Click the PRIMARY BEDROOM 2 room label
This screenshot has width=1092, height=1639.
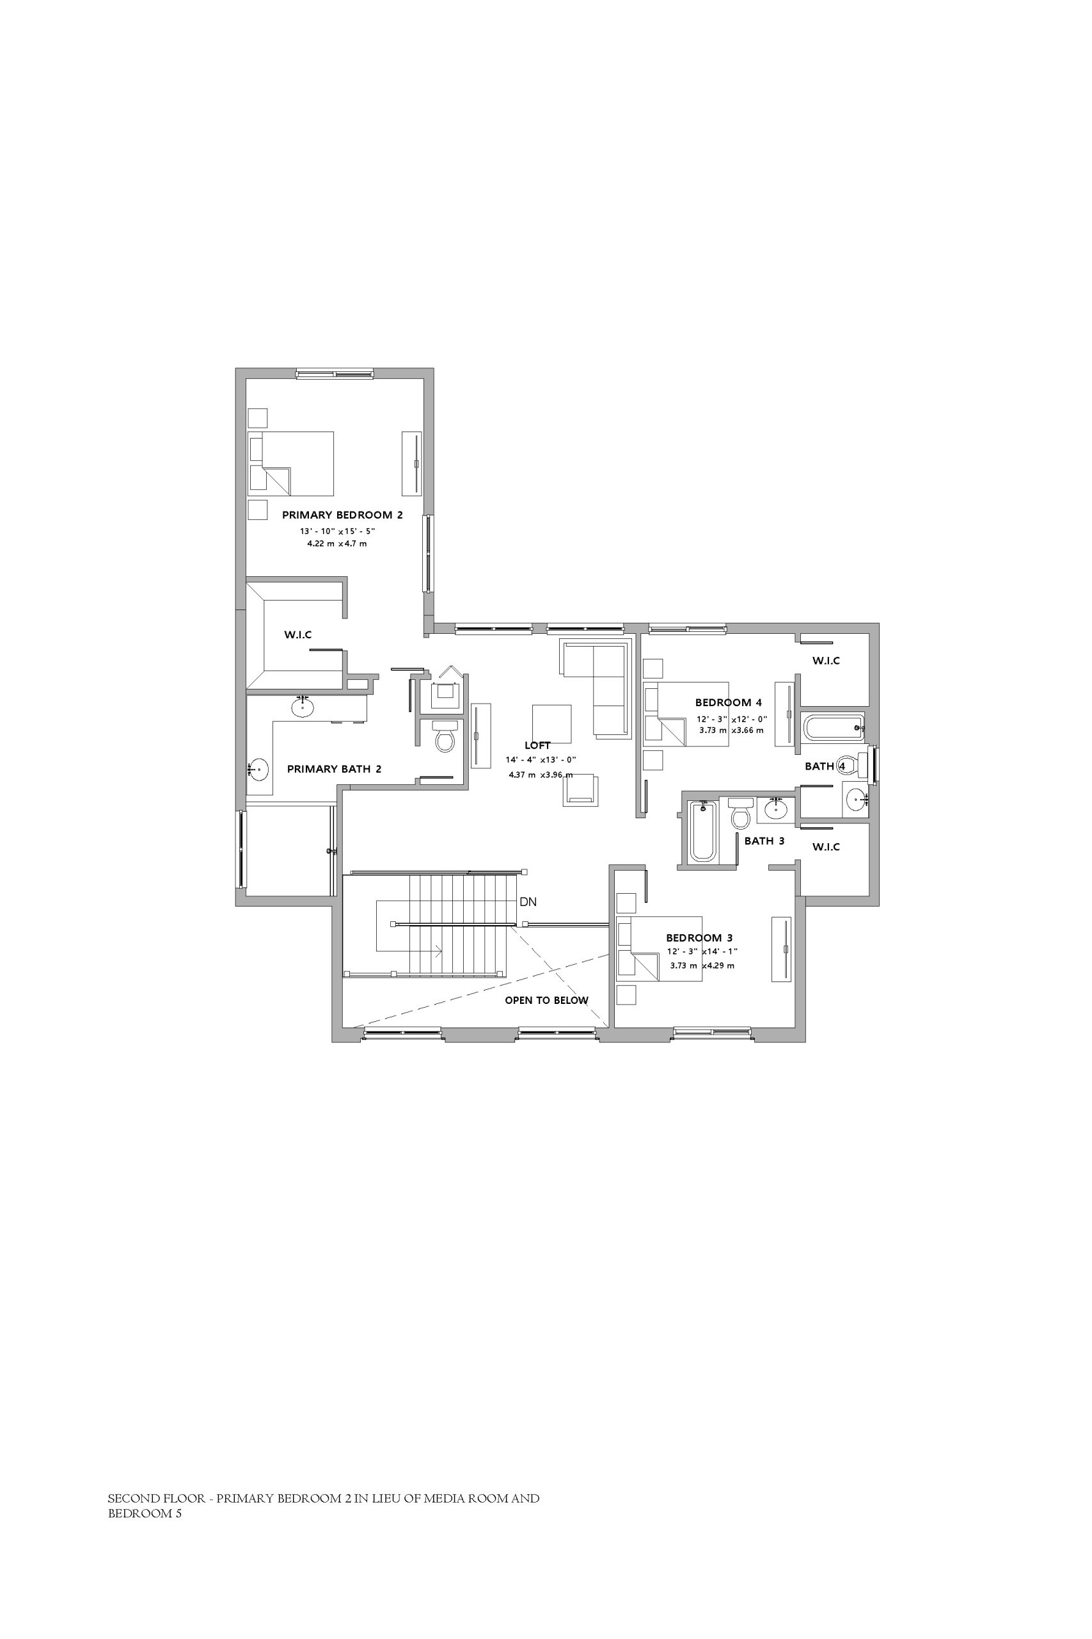click(x=342, y=515)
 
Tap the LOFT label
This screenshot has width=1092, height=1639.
click(x=537, y=745)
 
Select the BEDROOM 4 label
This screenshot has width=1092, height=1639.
click(x=729, y=702)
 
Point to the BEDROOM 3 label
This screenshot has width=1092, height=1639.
click(x=699, y=937)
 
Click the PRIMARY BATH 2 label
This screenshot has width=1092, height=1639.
click(x=335, y=770)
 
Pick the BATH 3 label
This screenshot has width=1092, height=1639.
click(x=764, y=841)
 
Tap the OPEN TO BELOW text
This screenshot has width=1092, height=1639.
click(x=547, y=1000)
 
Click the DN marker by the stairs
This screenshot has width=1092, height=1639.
click(x=528, y=901)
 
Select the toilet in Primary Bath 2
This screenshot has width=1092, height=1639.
click(x=445, y=735)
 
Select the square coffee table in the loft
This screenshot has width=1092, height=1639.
click(x=551, y=725)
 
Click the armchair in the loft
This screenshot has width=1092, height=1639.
click(x=581, y=790)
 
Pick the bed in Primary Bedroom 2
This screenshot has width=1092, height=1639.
click(x=291, y=464)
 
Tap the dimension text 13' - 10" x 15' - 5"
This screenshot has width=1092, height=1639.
click(x=338, y=531)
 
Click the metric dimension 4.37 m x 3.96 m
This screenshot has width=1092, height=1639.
click(x=541, y=774)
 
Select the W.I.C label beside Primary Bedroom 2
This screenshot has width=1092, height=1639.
click(x=298, y=635)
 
